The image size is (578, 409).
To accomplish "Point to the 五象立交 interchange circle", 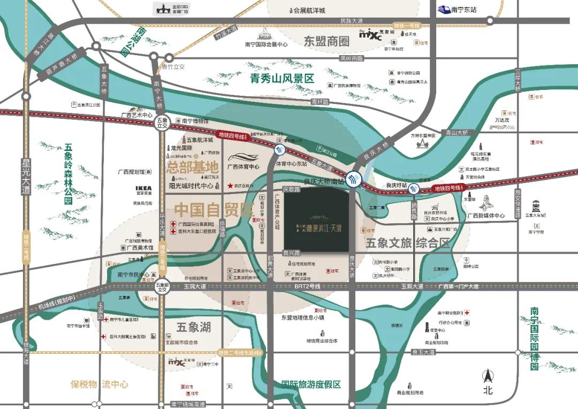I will click(x=162, y=123).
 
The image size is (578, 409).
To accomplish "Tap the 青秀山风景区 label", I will click(x=282, y=78).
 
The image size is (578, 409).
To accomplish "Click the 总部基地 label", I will click(x=193, y=166).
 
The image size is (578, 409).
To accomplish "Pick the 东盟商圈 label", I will click(x=326, y=41).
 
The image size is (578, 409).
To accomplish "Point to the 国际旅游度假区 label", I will click(x=311, y=384).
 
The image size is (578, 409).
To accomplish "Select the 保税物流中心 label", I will click(x=100, y=384).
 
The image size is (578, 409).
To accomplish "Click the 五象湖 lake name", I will click(x=194, y=327).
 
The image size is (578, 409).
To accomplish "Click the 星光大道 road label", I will click(x=25, y=177).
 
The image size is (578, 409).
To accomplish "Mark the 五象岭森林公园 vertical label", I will click(x=68, y=173).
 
